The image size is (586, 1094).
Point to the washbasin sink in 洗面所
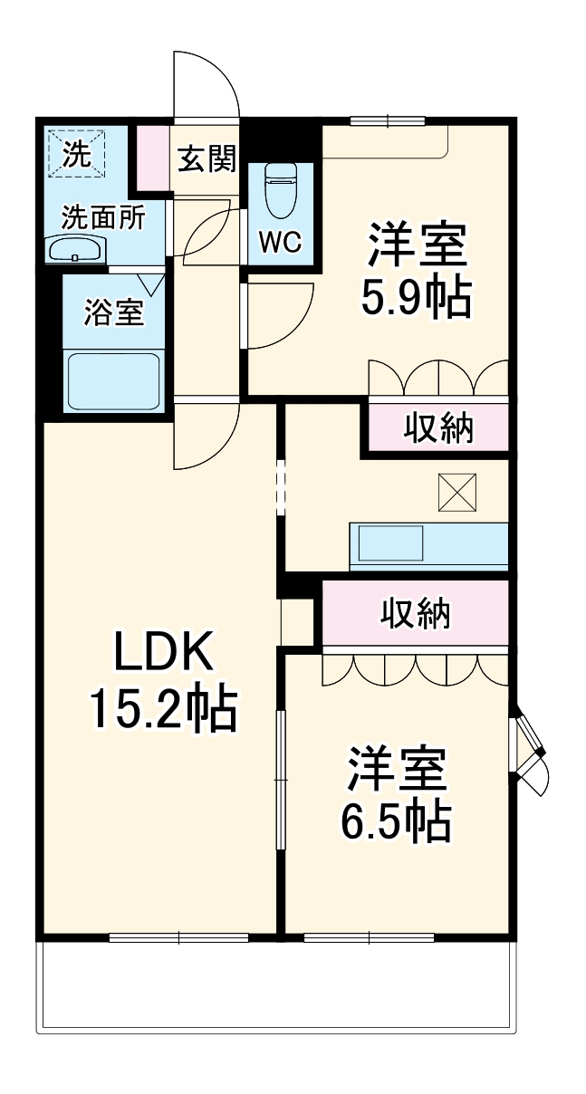76,249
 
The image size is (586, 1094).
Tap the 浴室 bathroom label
113,313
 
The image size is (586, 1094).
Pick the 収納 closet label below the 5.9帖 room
438,427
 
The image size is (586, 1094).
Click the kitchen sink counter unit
429,545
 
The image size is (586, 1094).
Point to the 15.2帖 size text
162,711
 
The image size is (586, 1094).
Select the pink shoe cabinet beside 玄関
152,159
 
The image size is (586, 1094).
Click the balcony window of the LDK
178,937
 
